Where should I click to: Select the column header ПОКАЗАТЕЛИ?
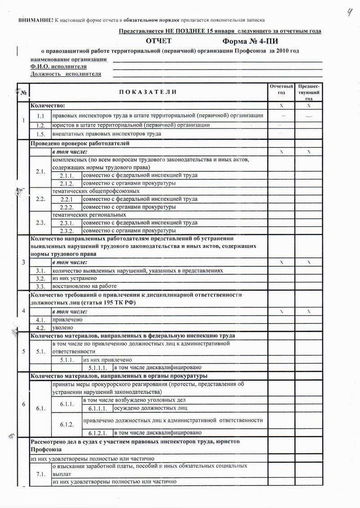(x=148, y=92)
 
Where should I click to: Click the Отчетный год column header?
(x=281, y=89)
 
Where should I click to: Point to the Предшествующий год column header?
(x=309, y=92)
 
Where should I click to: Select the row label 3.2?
(x=40, y=278)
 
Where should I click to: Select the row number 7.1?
(x=40, y=474)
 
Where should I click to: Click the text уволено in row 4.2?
(x=63, y=328)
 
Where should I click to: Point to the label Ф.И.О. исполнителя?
(x=58, y=67)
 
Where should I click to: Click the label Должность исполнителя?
(x=65, y=74)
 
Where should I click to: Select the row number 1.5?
(x=40, y=134)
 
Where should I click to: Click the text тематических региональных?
(x=89, y=215)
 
